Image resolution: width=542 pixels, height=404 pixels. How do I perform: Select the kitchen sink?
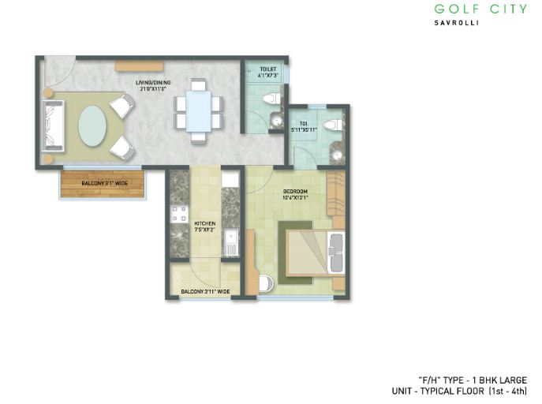(x=231, y=241)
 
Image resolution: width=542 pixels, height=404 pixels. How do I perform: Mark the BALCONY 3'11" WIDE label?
(x=205, y=292)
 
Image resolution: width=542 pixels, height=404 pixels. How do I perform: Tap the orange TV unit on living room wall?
(x=138, y=64)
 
